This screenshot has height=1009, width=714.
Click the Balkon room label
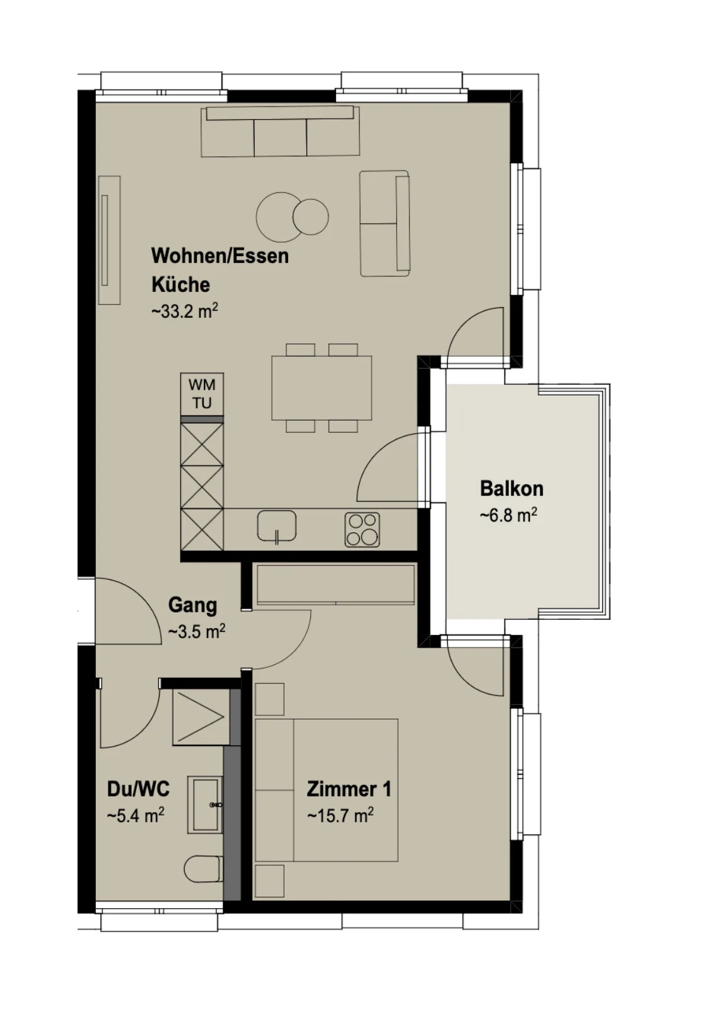pos(512,489)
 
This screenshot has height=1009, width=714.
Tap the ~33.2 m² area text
pos(185,311)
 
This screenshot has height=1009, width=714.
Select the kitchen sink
pos(277,526)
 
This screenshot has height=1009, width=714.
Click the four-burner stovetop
pos(362,530)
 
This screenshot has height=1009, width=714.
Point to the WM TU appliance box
pos(202,394)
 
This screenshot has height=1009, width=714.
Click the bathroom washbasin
pos(205,805)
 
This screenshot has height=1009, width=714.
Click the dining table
pos(322,388)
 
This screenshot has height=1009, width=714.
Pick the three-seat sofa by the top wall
pos(280,132)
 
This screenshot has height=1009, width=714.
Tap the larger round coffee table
pos(278,217)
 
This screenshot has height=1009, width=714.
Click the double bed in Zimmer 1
pos(326,790)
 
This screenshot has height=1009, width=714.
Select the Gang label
pos(192,605)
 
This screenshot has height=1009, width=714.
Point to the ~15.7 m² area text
pos(340,815)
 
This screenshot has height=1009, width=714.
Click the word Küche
pos(180,284)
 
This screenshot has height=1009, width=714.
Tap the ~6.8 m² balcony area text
pos(508,515)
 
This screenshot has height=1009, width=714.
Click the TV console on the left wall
pos(110,240)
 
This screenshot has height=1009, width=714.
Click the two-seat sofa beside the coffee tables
pos(385,223)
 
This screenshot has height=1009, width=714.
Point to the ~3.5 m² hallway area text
pos(196,631)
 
